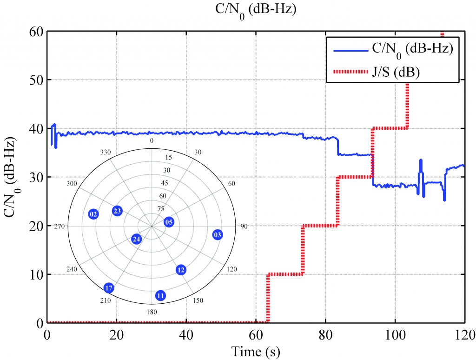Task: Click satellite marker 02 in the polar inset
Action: click(94, 214)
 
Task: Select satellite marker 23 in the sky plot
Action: click(117, 211)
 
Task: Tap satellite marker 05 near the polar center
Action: click(169, 222)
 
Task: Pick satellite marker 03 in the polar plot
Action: click(218, 234)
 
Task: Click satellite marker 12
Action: click(181, 270)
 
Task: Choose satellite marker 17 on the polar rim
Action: click(109, 288)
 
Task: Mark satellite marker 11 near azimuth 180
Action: click(160, 295)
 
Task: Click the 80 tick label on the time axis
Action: click(325, 334)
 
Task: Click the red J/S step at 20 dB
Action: click(320, 226)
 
